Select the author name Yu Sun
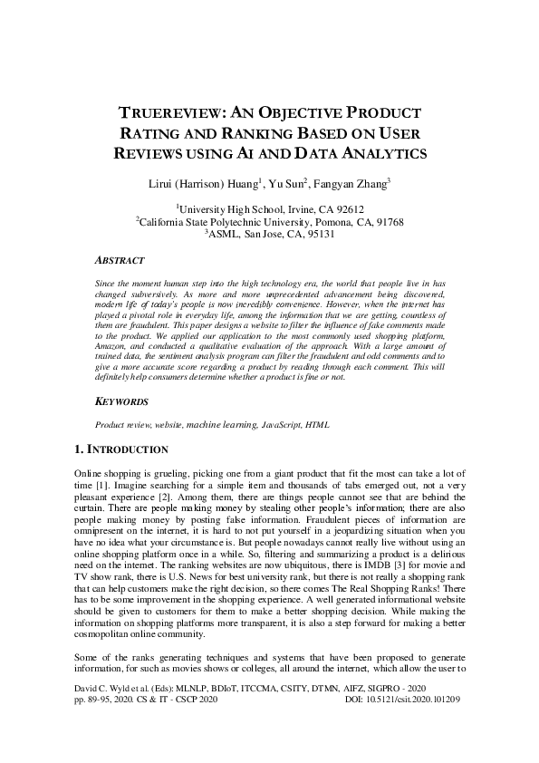tap(287, 185)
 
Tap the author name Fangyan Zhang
tap(351, 185)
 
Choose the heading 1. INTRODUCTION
tap(120, 449)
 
